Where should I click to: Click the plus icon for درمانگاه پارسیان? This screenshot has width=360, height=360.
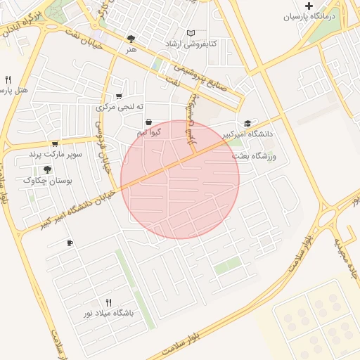[x=309, y=6]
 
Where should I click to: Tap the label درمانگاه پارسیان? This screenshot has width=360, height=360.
[x=311, y=18]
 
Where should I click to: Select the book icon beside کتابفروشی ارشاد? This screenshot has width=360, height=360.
[x=191, y=33]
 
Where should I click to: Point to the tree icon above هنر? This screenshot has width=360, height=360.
[x=131, y=39]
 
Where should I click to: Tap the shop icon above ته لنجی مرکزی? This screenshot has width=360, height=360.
[x=119, y=96]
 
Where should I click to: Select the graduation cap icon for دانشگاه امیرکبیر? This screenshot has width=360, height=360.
[x=247, y=123]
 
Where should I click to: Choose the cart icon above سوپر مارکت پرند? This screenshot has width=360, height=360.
[x=55, y=143]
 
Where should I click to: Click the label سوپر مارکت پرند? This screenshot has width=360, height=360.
[x=55, y=154]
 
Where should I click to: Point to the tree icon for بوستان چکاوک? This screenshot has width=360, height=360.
[x=47, y=169]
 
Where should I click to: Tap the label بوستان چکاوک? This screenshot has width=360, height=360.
[x=44, y=180]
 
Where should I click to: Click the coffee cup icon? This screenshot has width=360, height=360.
[x=69, y=243]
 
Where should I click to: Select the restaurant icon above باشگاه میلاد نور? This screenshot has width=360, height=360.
[x=108, y=302]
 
